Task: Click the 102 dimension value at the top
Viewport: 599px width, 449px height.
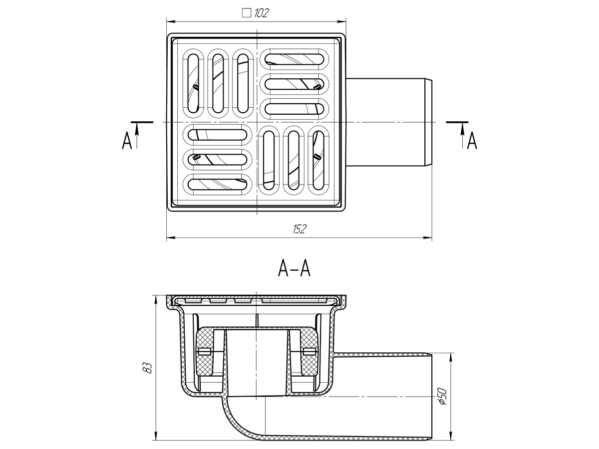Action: click(x=261, y=13)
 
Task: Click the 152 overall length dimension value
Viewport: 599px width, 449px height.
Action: click(x=299, y=229)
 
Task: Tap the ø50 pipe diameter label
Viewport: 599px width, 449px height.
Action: click(x=443, y=397)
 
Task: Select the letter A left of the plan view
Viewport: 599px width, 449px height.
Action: click(x=127, y=140)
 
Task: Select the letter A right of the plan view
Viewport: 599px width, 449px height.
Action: click(x=472, y=141)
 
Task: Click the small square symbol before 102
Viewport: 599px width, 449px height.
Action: click(x=247, y=13)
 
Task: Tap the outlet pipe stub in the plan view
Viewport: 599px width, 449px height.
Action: click(x=389, y=122)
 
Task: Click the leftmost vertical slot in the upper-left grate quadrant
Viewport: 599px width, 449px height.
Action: click(x=193, y=84)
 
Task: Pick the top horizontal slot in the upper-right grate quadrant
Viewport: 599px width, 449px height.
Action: click(x=294, y=59)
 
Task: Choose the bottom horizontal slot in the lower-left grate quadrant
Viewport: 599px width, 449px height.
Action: click(x=217, y=184)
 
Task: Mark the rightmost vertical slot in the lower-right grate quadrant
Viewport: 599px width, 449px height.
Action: click(x=318, y=160)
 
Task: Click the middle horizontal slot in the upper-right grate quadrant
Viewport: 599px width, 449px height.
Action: click(x=294, y=84)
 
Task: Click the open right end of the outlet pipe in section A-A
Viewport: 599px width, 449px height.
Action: click(x=431, y=401)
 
